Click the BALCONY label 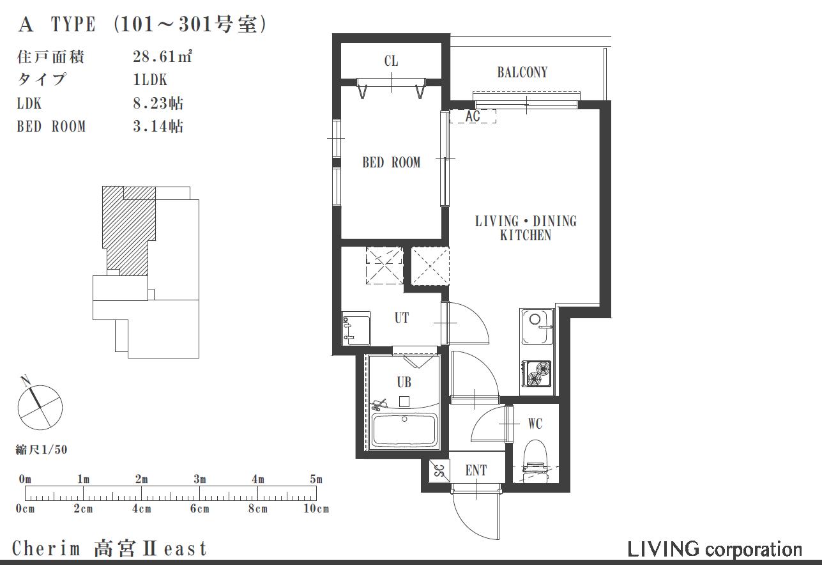pos(522,72)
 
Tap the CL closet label pos(391,61)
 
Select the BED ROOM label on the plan pos(391,162)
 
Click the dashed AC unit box pos(473,116)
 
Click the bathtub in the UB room pos(404,430)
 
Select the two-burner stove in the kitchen pos(537,374)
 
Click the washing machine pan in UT pos(356,328)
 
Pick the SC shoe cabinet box pos(439,471)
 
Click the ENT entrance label pos(476,470)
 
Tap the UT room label pos(402,318)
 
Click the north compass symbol pos(40,406)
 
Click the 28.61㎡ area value pos(163,56)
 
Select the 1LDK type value pos(150,80)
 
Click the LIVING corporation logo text pos(715,550)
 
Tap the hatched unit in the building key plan pos(128,229)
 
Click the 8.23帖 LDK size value pos(158,103)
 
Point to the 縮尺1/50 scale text pos(42,450)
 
